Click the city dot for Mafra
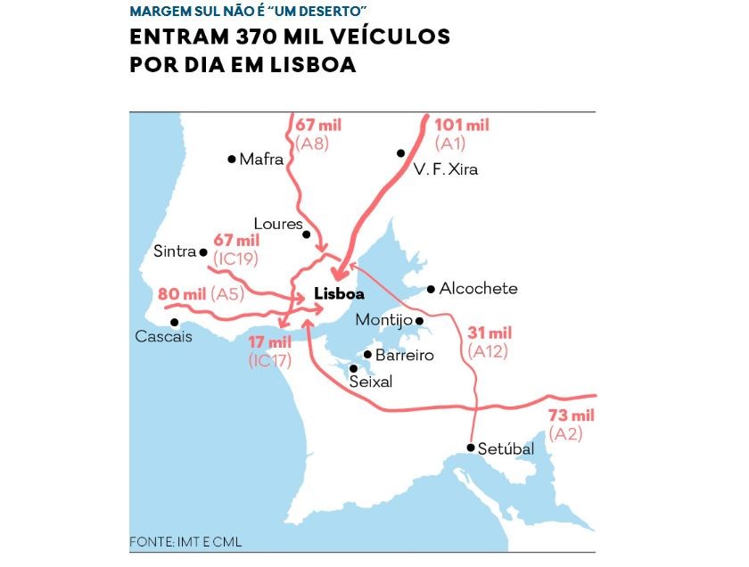tap(232, 160)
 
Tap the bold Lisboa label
tap(339, 294)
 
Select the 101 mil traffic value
tap(462, 125)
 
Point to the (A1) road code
tap(451, 142)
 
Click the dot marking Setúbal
tap(470, 448)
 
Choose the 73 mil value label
tap(572, 416)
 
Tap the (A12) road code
tap(487, 350)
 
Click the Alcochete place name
tap(479, 289)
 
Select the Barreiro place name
tap(404, 355)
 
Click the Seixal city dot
tap(354, 367)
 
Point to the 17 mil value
tap(269, 342)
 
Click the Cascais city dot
tap(175, 322)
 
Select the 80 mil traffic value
tap(182, 293)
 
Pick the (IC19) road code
tap(236, 258)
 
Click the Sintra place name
tap(174, 251)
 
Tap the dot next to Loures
tap(307, 235)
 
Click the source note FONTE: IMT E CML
tap(185, 541)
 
